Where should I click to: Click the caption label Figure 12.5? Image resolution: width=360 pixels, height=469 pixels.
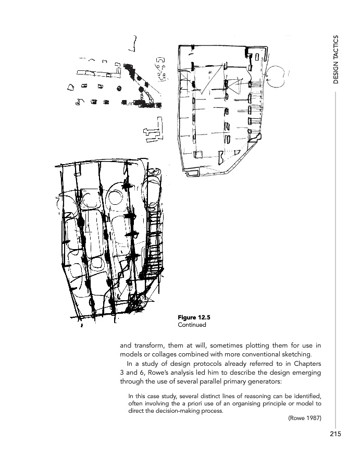193,317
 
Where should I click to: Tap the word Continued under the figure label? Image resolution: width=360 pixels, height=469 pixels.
192,325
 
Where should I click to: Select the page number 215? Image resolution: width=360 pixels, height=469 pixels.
335,434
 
